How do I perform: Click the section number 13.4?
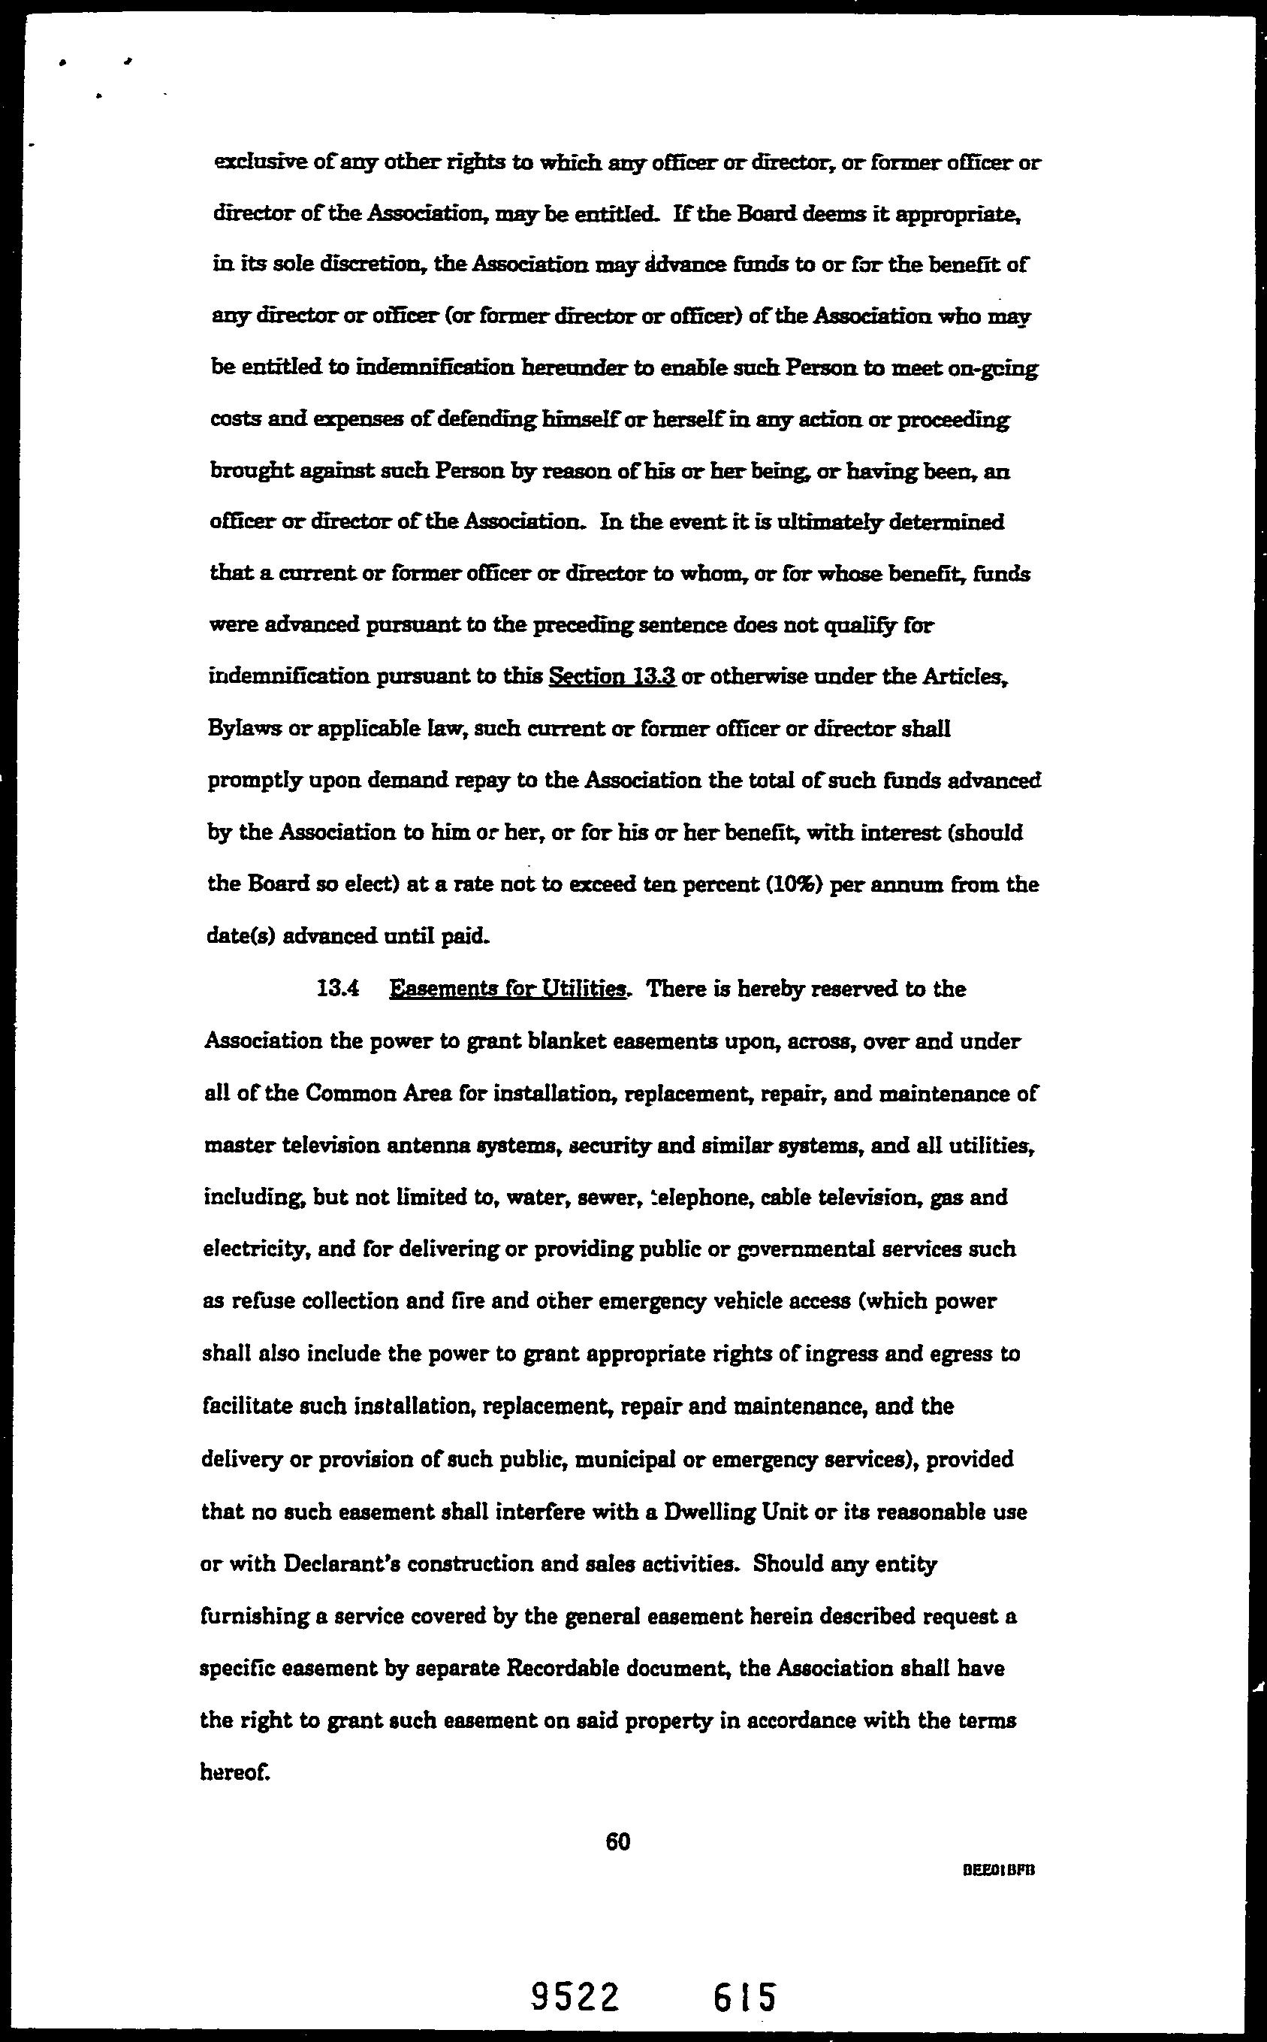click(x=338, y=989)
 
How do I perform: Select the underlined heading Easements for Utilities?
click(x=508, y=989)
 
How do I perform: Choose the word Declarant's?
click(x=333, y=1564)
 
